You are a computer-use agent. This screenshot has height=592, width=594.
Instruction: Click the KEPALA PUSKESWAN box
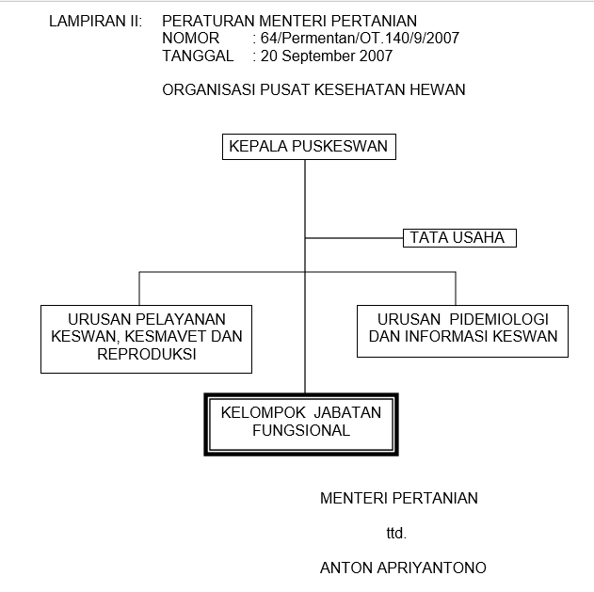click(309, 147)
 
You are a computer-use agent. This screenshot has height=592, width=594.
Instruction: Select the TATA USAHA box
click(459, 238)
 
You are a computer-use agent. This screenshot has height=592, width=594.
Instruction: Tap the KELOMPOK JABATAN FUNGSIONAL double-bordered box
click(301, 424)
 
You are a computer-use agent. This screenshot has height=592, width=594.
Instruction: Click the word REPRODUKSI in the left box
click(147, 354)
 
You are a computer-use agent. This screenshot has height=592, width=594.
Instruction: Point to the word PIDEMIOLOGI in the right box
click(499, 319)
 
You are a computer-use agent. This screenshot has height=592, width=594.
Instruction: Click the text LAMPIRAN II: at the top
click(95, 21)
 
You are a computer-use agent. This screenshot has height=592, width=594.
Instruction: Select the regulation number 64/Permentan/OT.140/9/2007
click(360, 38)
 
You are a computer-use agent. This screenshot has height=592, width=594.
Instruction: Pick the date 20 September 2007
click(326, 56)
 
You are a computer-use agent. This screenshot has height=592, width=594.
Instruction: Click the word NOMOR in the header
click(190, 38)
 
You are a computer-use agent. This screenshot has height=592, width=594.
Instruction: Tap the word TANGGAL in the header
click(198, 56)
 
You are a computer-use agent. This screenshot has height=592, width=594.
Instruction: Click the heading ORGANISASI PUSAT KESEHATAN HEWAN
click(313, 89)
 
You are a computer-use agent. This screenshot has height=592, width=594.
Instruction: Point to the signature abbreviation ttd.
click(396, 533)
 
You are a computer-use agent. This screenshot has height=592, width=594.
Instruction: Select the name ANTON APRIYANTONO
click(403, 568)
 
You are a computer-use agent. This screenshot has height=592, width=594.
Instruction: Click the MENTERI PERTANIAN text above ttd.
click(399, 498)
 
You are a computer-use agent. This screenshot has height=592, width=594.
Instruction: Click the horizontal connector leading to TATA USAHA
click(354, 238)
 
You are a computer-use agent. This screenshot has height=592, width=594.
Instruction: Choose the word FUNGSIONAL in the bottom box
click(301, 430)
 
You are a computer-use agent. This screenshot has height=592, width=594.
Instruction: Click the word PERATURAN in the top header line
click(208, 21)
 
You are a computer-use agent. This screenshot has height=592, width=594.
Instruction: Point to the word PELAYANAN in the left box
click(181, 319)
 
